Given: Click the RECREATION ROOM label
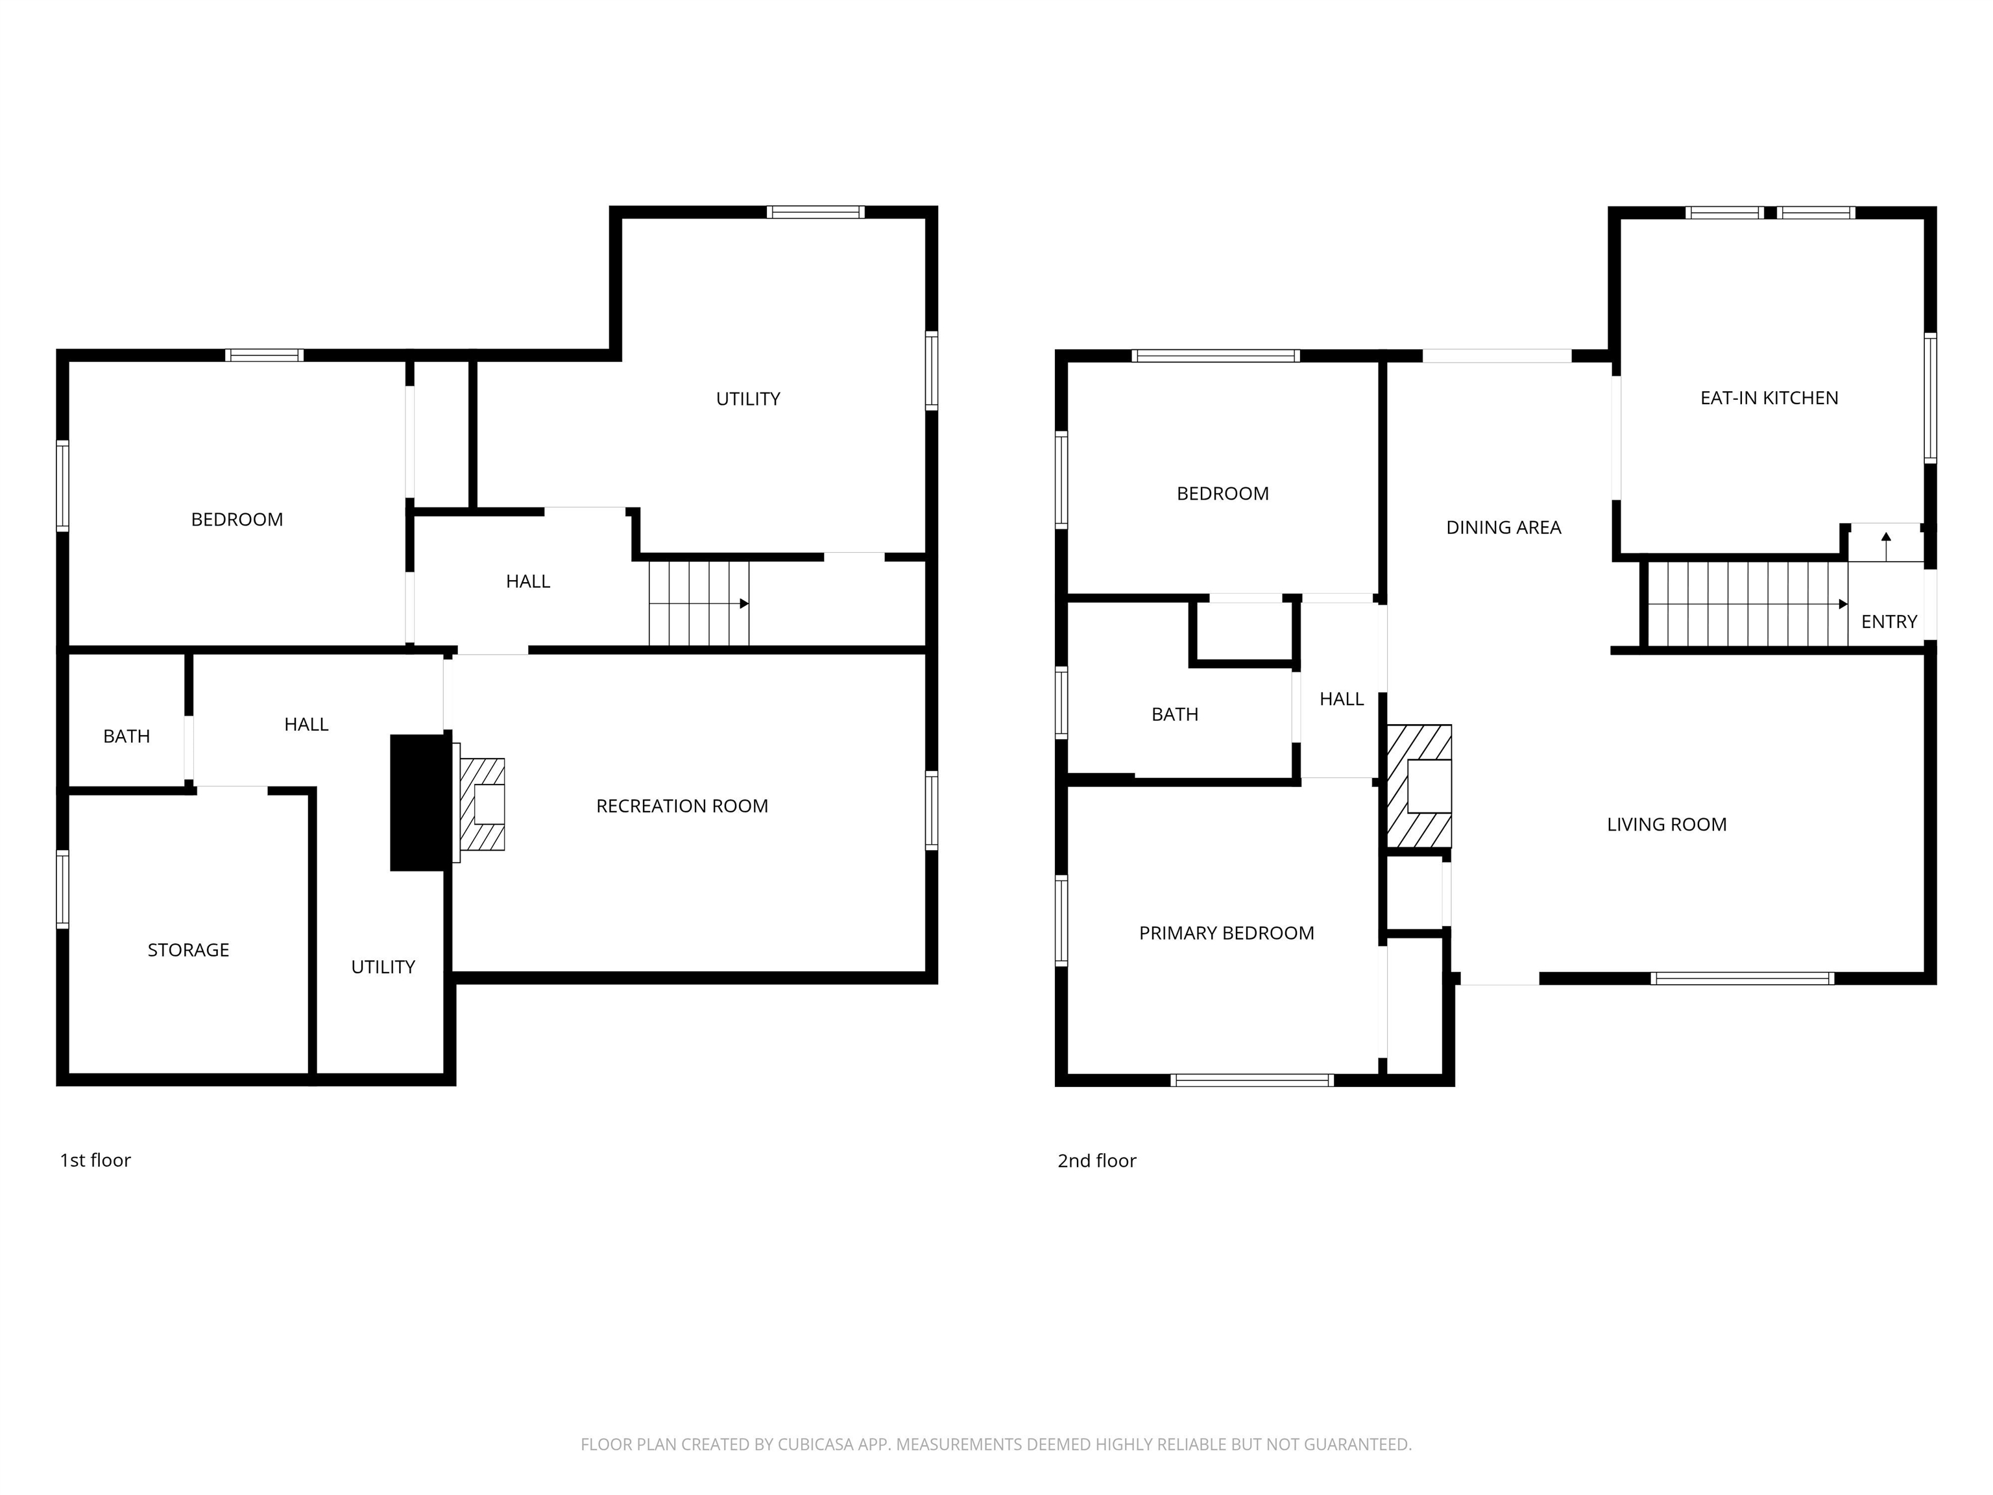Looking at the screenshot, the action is coord(682,807).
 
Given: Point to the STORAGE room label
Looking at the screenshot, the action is coord(188,950).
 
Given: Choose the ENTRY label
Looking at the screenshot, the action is coord(1889,622).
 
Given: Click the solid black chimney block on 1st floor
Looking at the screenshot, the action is coord(419,803).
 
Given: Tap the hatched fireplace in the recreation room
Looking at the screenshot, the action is coord(481,804).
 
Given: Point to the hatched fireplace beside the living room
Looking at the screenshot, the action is coord(1419,786).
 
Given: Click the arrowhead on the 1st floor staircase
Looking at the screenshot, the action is coord(744,603).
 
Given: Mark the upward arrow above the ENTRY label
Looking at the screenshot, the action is coord(1886,544).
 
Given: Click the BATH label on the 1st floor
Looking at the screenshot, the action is coord(126,737).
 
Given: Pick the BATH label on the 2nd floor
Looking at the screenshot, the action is coord(1175,714).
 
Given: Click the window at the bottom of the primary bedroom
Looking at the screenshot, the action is coord(1252,1080).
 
